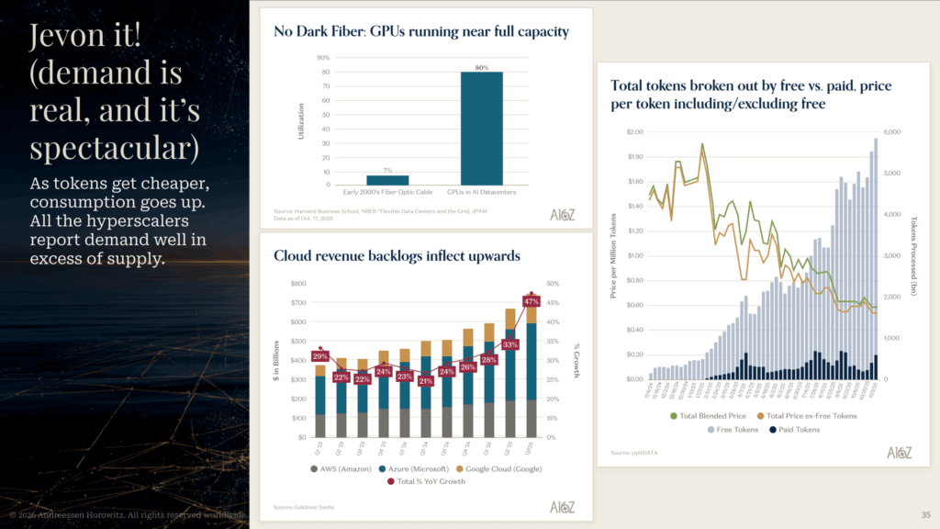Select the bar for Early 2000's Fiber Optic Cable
pyautogui.click(x=387, y=179)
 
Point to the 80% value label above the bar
pyautogui.click(x=482, y=67)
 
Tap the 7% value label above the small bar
pyautogui.click(x=387, y=171)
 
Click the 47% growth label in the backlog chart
pyautogui.click(x=531, y=301)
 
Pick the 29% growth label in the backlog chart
pyautogui.click(x=320, y=355)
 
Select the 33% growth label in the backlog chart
pyautogui.click(x=510, y=344)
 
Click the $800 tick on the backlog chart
pyautogui.click(x=297, y=284)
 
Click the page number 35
pyautogui.click(x=924, y=513)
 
